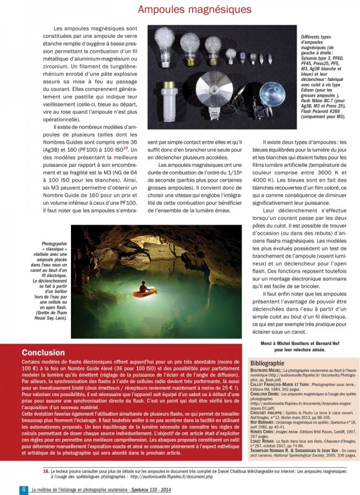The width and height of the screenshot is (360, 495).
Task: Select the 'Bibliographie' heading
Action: click(267, 363)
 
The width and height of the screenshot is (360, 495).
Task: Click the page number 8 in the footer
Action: click(24, 489)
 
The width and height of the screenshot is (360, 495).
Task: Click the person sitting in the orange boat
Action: click(144, 287)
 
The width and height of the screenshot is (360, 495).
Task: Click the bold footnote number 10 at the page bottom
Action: click(46, 472)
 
